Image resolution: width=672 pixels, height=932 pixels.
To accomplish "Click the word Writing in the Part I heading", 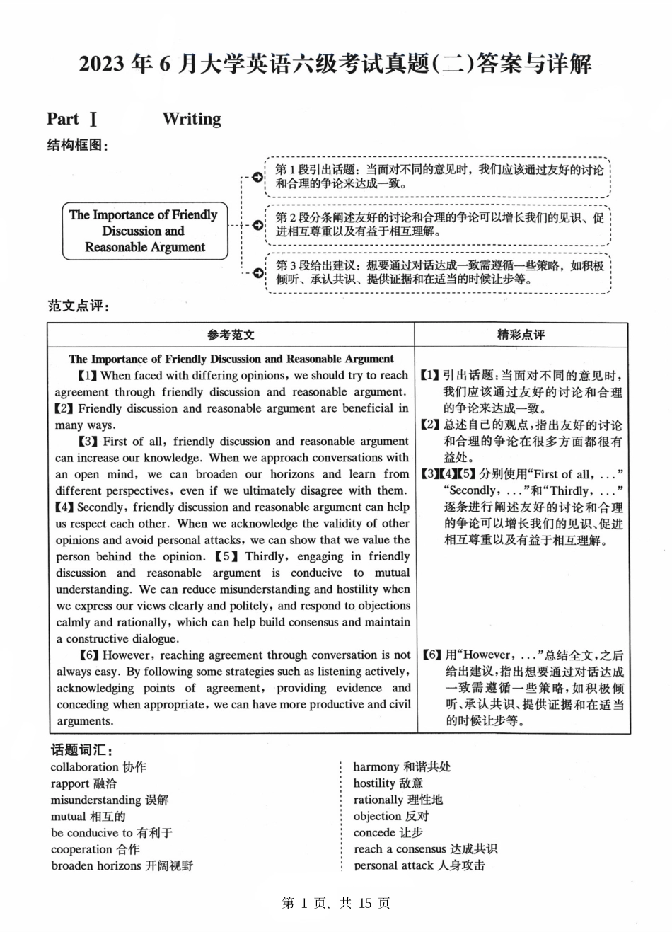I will click(191, 119).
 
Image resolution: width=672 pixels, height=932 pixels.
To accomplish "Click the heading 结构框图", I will click(78, 146).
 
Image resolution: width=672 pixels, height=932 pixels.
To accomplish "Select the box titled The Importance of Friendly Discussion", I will click(144, 231).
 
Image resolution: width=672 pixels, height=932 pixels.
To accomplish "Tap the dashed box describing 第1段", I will click(438, 177).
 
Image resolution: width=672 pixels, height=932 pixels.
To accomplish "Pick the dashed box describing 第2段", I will click(438, 224).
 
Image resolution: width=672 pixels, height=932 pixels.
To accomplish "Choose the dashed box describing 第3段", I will click(438, 272).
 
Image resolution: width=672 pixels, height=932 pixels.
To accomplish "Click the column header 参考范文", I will click(231, 335).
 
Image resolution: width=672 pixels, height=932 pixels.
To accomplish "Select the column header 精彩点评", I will click(521, 335).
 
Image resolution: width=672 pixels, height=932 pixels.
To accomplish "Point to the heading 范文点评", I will click(78, 306).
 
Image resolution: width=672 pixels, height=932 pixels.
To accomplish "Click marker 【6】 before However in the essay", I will click(89, 655).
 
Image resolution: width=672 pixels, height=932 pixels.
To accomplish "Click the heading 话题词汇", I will click(81, 750).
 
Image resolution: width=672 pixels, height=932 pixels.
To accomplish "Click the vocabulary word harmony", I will click(376, 767).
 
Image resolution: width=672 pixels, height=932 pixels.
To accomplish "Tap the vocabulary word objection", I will click(378, 816).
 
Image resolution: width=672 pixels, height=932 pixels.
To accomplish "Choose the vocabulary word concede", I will click(374, 833).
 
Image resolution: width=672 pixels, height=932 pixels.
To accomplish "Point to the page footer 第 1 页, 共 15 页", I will click(336, 903).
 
